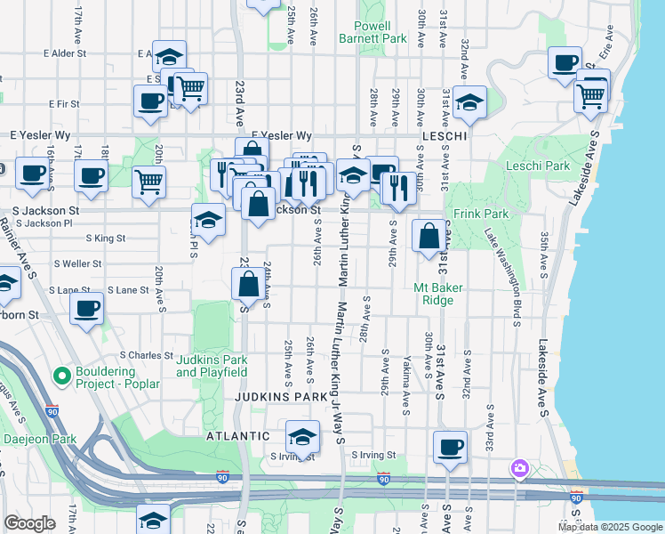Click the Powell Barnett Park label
click(373, 32)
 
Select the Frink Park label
click(481, 214)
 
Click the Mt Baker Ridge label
click(434, 294)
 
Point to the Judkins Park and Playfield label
click(211, 366)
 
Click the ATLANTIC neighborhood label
click(237, 436)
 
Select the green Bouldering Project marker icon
click(62, 376)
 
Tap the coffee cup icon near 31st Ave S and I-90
click(450, 447)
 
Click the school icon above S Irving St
click(302, 437)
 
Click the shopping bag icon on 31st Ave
click(429, 236)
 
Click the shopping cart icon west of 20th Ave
click(148, 182)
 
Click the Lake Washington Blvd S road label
click(503, 276)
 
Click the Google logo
click(29, 523)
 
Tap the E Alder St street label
click(56, 53)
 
